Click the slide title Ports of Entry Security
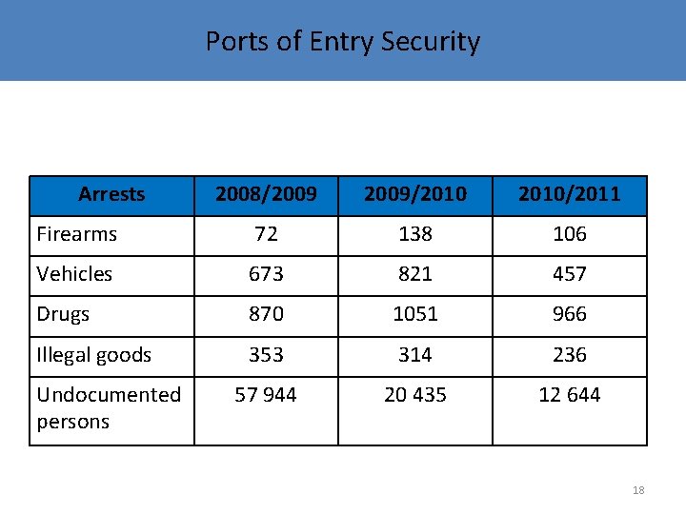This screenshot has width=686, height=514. [x=343, y=42]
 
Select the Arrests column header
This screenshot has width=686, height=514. [x=111, y=194]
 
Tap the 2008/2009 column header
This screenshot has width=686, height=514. [x=266, y=194]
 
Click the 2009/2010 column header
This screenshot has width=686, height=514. [x=414, y=194]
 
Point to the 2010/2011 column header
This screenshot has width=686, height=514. [x=569, y=194]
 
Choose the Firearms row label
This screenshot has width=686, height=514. [x=77, y=234]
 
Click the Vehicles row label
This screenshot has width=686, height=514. [x=74, y=274]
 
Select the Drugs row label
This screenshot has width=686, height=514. [x=63, y=314]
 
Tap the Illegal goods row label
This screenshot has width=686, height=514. [x=93, y=355]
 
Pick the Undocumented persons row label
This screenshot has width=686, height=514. [x=109, y=407]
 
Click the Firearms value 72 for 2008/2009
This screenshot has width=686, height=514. [x=266, y=234]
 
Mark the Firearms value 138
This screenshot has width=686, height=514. [x=414, y=234]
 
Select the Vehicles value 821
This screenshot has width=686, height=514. [x=414, y=274]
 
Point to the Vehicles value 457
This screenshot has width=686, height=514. [x=569, y=274]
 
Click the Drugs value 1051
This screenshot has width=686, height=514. [x=414, y=314]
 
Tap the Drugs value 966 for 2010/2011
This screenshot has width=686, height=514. [x=569, y=314]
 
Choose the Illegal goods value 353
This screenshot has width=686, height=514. [x=266, y=355]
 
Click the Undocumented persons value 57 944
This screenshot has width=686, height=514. [x=266, y=395]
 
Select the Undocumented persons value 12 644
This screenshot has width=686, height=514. [x=569, y=395]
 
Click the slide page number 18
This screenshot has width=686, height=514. [x=638, y=490]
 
